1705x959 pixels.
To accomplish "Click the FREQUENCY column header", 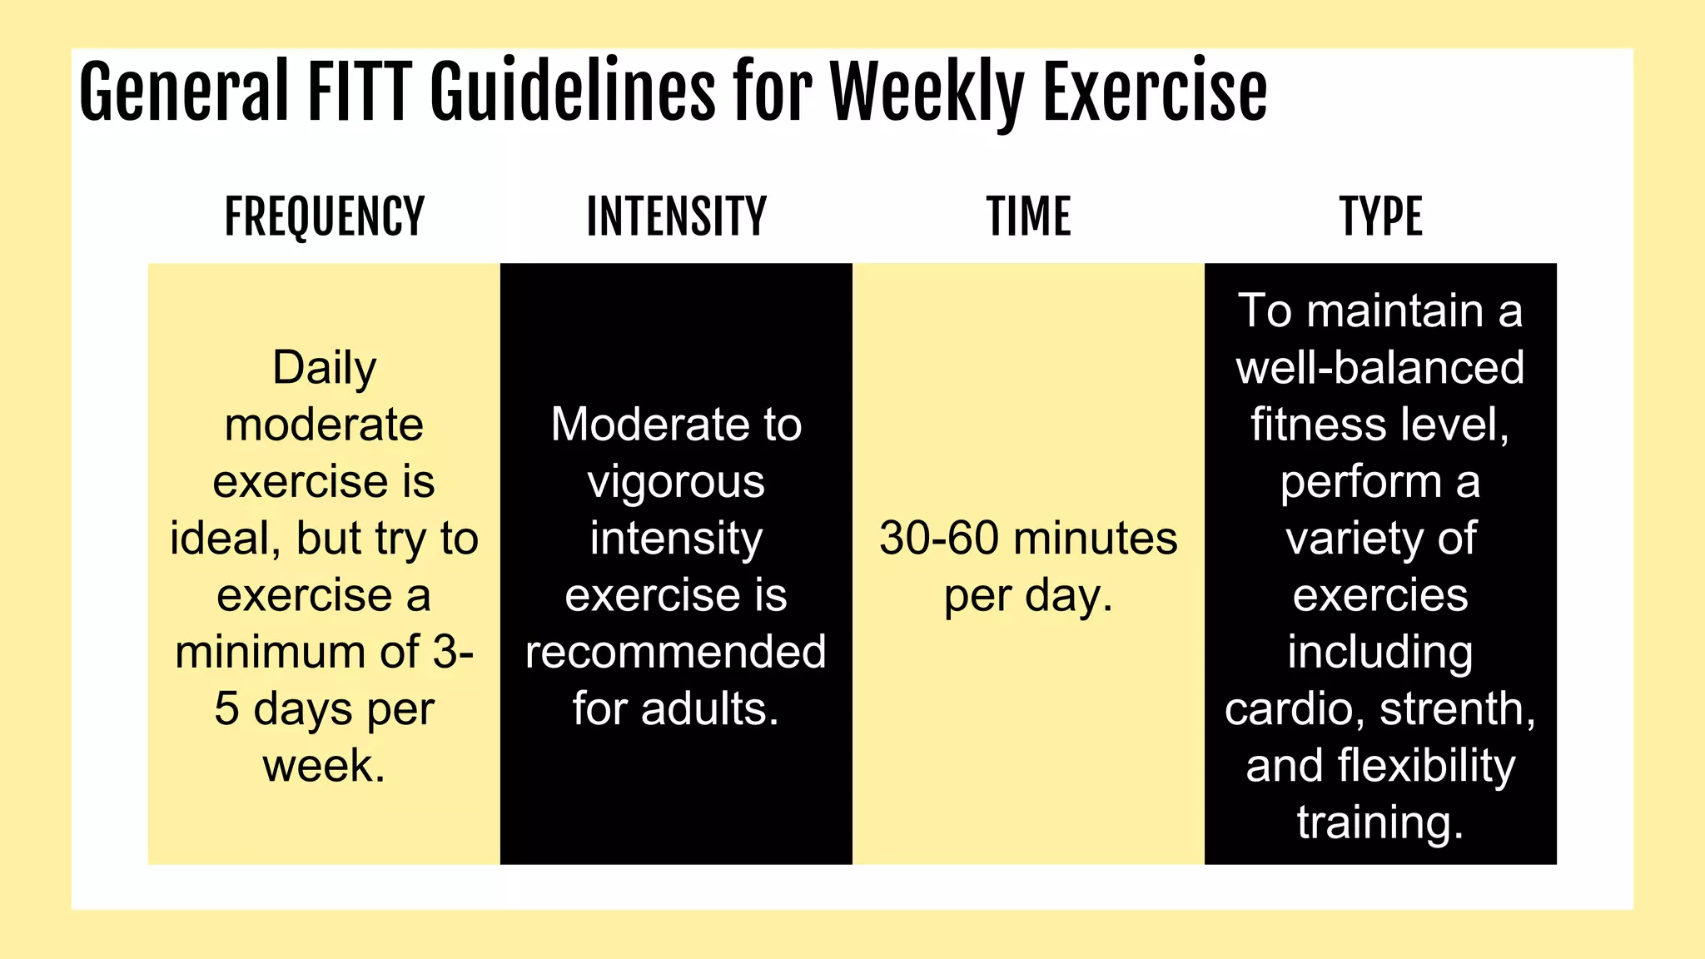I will coord(324,217).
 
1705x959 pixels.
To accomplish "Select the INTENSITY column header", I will coord(676,217).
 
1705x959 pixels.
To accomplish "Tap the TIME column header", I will coord(1028,217).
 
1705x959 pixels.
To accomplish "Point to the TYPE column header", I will coord(1380,217).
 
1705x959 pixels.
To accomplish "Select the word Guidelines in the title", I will coord(572,92).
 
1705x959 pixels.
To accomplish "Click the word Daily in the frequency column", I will coord(324,368).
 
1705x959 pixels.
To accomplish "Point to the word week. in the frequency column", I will coord(324,766).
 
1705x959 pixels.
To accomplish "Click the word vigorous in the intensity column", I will coord(676,483).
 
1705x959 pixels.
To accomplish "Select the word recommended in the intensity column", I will coord(676,652).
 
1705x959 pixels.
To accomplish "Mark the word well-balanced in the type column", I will coord(1380,368).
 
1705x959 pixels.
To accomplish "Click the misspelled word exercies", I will coord(1380,595).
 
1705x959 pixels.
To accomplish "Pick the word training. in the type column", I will coord(1380,822).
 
